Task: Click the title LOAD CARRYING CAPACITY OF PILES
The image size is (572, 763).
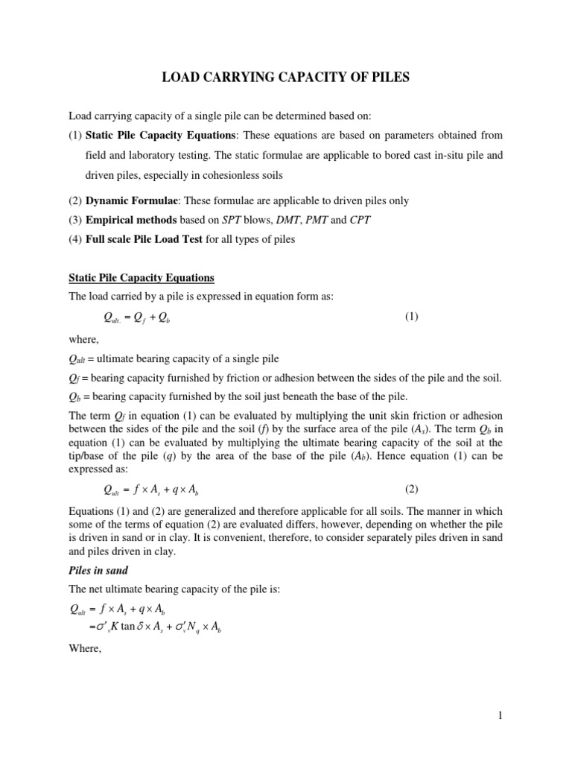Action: (x=286, y=77)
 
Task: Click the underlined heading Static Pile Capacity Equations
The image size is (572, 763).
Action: (x=142, y=278)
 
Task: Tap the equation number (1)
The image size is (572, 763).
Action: (x=412, y=317)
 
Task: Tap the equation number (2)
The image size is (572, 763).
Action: (x=412, y=489)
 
